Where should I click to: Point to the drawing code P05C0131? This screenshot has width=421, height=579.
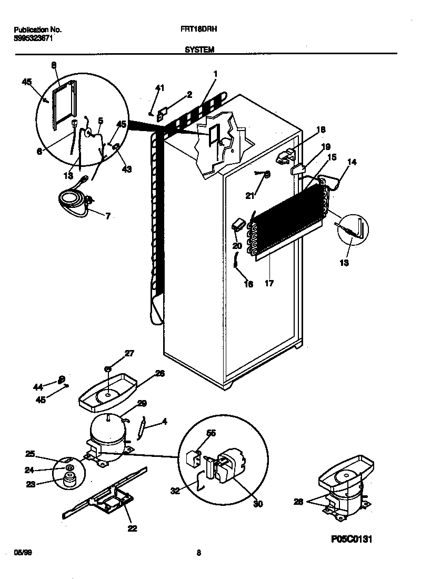[355, 539]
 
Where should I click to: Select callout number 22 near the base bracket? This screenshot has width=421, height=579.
[132, 528]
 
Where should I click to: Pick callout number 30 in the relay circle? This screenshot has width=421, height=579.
[258, 504]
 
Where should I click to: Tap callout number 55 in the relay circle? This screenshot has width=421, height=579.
[211, 433]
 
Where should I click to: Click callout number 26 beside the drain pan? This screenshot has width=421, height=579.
[159, 373]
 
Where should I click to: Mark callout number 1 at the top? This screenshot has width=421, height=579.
[215, 74]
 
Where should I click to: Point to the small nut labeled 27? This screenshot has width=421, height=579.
[107, 369]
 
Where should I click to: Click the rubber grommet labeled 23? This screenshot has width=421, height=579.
[67, 480]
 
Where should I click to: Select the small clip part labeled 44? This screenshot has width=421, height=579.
[61, 379]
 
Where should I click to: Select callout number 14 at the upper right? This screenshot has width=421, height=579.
[351, 162]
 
